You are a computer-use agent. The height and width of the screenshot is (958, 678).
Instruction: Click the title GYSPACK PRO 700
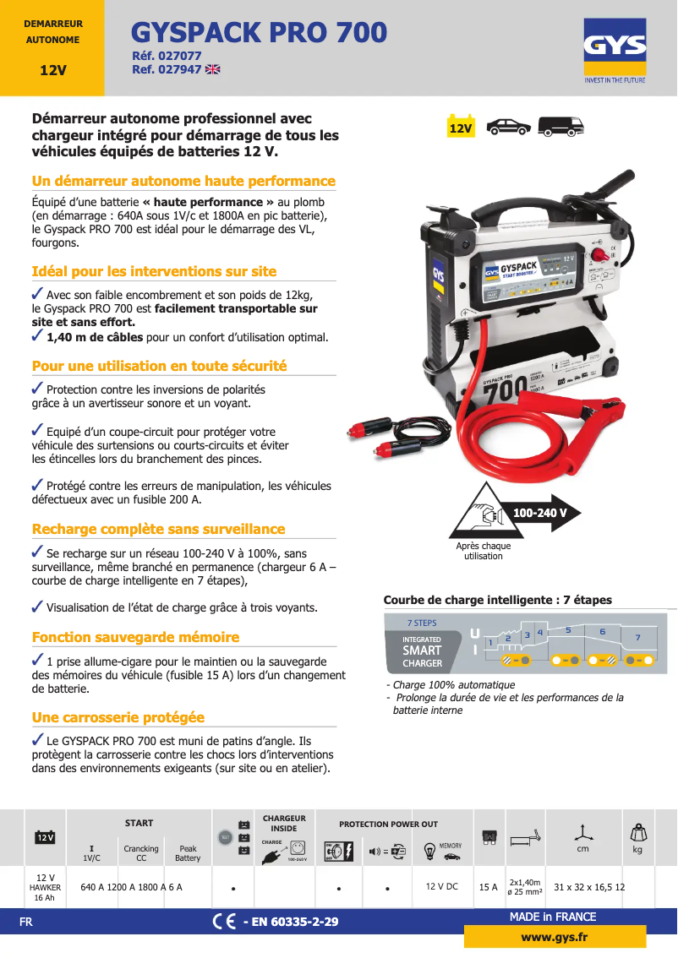[x=259, y=33]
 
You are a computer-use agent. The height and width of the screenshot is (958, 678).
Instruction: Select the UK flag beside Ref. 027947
[x=212, y=70]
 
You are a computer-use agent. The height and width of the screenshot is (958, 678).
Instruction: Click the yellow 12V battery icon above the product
[x=461, y=127]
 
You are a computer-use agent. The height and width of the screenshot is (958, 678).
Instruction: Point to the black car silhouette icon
[x=509, y=127]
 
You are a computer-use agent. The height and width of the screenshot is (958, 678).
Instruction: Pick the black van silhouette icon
[x=561, y=127]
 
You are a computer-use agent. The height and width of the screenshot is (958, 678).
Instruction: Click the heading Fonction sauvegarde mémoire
[x=135, y=637]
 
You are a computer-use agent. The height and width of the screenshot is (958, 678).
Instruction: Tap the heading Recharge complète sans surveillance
[x=158, y=529]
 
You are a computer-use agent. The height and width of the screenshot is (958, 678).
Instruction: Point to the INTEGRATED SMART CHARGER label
[x=422, y=651]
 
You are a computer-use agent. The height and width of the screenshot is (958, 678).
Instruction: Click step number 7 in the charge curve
[x=638, y=637]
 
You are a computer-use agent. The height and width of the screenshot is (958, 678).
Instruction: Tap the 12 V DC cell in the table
[x=441, y=887]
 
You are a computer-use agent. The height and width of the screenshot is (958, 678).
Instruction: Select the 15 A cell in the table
[x=488, y=887]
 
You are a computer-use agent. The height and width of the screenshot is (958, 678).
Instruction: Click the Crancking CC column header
[x=141, y=853]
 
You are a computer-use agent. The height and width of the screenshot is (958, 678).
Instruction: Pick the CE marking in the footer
[x=224, y=921]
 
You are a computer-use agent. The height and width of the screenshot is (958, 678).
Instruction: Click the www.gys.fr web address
[x=555, y=937]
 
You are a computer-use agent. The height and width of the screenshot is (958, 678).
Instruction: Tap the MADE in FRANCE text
[x=553, y=917]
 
